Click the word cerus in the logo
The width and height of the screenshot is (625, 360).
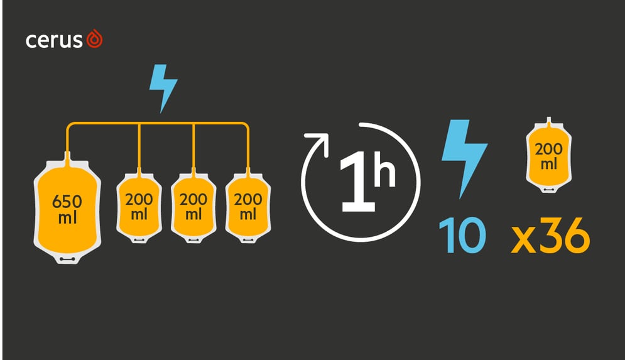54,41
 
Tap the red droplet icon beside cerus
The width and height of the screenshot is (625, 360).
94,39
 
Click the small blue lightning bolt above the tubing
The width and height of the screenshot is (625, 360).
163,88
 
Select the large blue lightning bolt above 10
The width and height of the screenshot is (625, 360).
464,159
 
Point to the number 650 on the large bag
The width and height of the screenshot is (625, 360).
67,202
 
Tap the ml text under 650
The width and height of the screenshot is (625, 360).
67,218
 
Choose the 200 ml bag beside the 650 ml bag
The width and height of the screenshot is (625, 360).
139,207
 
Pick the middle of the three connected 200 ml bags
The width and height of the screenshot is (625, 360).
193,207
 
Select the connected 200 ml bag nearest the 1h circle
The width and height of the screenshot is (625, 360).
248,207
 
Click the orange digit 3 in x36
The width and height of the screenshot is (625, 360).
551,235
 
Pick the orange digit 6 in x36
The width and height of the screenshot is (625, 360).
577,235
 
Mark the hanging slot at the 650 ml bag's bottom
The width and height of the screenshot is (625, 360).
67,259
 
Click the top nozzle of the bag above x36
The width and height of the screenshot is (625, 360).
549,121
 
